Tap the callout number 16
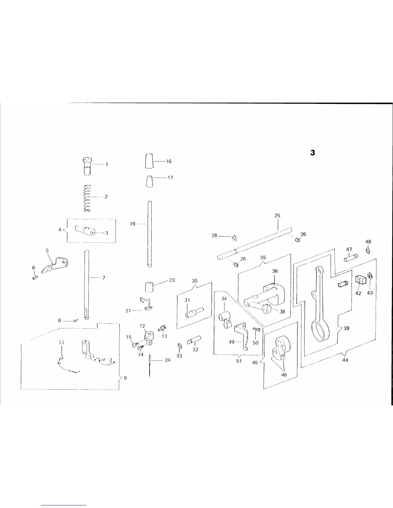pos(169,161)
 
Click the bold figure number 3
pos(312,153)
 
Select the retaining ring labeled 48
pos(368,250)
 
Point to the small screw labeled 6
pos(35,277)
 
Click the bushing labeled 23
pos(149,286)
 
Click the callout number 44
pos(345,360)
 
